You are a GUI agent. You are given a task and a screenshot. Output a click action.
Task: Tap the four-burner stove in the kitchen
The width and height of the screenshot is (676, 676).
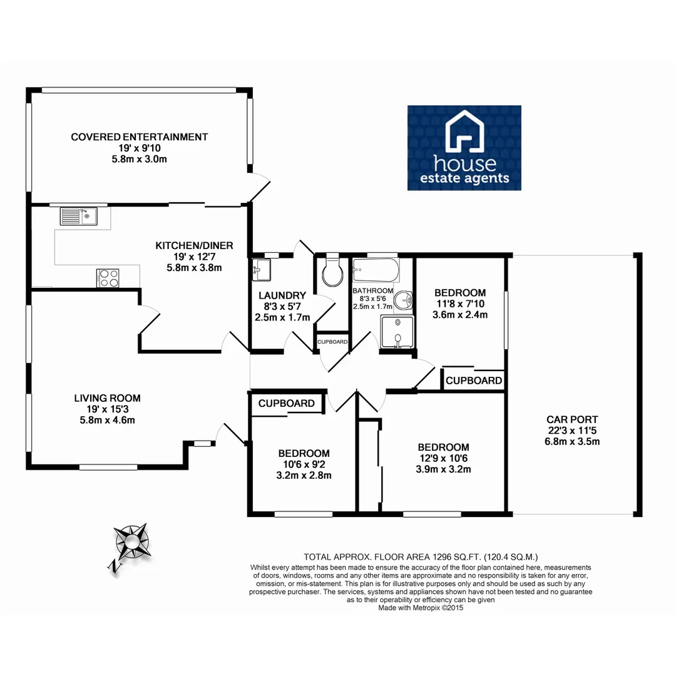coord(108,277)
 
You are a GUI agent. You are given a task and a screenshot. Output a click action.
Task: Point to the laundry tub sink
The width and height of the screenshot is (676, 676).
coord(260,269)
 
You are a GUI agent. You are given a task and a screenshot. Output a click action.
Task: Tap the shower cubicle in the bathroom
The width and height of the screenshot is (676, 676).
coord(397,332)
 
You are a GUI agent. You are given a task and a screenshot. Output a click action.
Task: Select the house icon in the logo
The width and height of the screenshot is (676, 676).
coord(464,132)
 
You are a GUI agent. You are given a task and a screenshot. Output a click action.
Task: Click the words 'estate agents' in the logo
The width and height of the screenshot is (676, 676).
coord(464,179)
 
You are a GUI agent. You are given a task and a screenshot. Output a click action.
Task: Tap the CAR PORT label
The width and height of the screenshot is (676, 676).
coord(572,419)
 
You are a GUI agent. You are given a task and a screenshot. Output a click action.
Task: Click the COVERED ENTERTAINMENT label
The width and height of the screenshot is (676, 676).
coord(139,137)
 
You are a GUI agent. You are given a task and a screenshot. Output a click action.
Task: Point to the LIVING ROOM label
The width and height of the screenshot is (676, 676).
coord(107,397)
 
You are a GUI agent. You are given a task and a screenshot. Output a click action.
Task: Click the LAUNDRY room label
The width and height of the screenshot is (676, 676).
coord(282,295)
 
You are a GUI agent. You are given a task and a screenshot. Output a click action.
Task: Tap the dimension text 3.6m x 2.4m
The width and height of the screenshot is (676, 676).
coord(459,315)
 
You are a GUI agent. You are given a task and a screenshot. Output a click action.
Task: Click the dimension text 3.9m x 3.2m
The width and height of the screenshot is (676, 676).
coord(443,469)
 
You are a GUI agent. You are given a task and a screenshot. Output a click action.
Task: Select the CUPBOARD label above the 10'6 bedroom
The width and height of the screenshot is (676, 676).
coord(286,404)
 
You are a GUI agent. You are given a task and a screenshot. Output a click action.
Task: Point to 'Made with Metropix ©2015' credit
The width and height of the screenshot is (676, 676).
coord(421,607)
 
